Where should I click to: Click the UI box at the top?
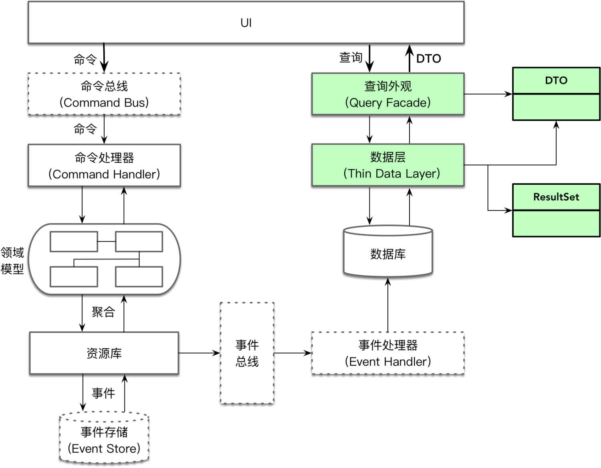point(246,23)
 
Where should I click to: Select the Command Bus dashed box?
point(104,94)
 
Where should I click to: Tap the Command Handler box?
point(104,165)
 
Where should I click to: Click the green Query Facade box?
point(388,94)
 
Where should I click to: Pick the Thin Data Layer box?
point(388,165)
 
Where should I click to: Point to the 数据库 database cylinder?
point(388,254)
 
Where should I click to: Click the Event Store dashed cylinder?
point(104,440)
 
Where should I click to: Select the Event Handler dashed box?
point(388,353)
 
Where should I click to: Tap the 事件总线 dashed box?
point(247,353)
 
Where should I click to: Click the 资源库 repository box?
point(104,353)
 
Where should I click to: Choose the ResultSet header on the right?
point(556,197)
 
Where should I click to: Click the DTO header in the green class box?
point(556,81)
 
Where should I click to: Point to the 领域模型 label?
point(12,260)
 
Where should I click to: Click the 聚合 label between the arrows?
point(103,312)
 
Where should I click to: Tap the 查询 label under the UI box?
point(351,58)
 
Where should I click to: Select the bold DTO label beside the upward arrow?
point(428,59)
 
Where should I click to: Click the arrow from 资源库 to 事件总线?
point(199,353)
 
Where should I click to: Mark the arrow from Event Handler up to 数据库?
point(388,305)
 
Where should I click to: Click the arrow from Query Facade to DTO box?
point(488,94)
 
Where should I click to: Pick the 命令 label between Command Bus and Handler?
point(85,129)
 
